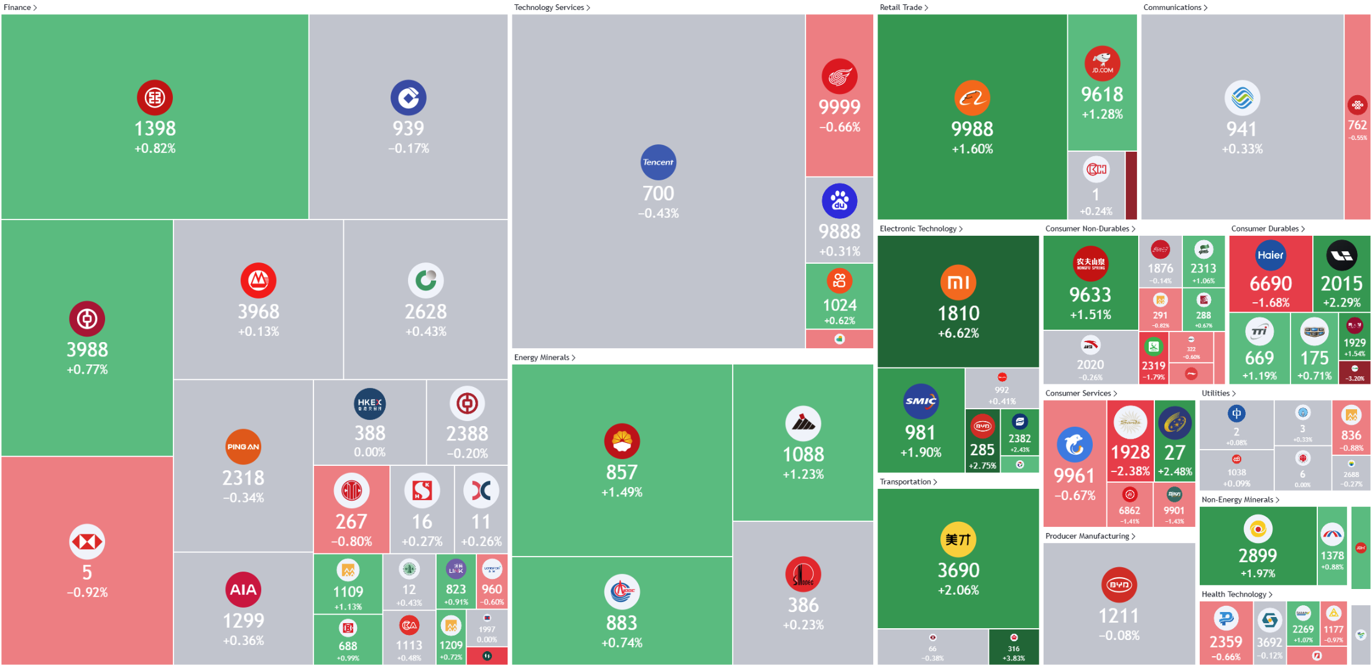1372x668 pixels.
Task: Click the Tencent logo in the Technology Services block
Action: point(658,162)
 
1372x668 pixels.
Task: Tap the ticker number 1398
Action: point(155,129)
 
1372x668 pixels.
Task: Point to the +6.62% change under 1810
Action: point(958,333)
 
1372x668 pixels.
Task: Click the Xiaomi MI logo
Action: point(958,282)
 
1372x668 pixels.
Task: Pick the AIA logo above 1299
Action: point(243,590)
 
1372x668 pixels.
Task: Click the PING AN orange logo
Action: point(243,447)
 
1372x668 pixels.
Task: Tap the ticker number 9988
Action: point(972,129)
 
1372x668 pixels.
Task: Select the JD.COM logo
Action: point(1102,63)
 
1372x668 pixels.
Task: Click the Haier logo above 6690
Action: point(1270,255)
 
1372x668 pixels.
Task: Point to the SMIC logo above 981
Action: point(920,401)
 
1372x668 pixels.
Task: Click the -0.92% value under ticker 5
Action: point(87,593)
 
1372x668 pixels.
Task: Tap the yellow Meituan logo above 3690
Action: point(958,539)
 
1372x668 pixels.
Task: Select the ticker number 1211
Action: point(1118,616)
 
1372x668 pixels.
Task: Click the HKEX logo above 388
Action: point(369,404)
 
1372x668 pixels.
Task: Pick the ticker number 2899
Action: point(1257,555)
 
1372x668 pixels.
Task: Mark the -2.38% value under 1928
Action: point(1130,471)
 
